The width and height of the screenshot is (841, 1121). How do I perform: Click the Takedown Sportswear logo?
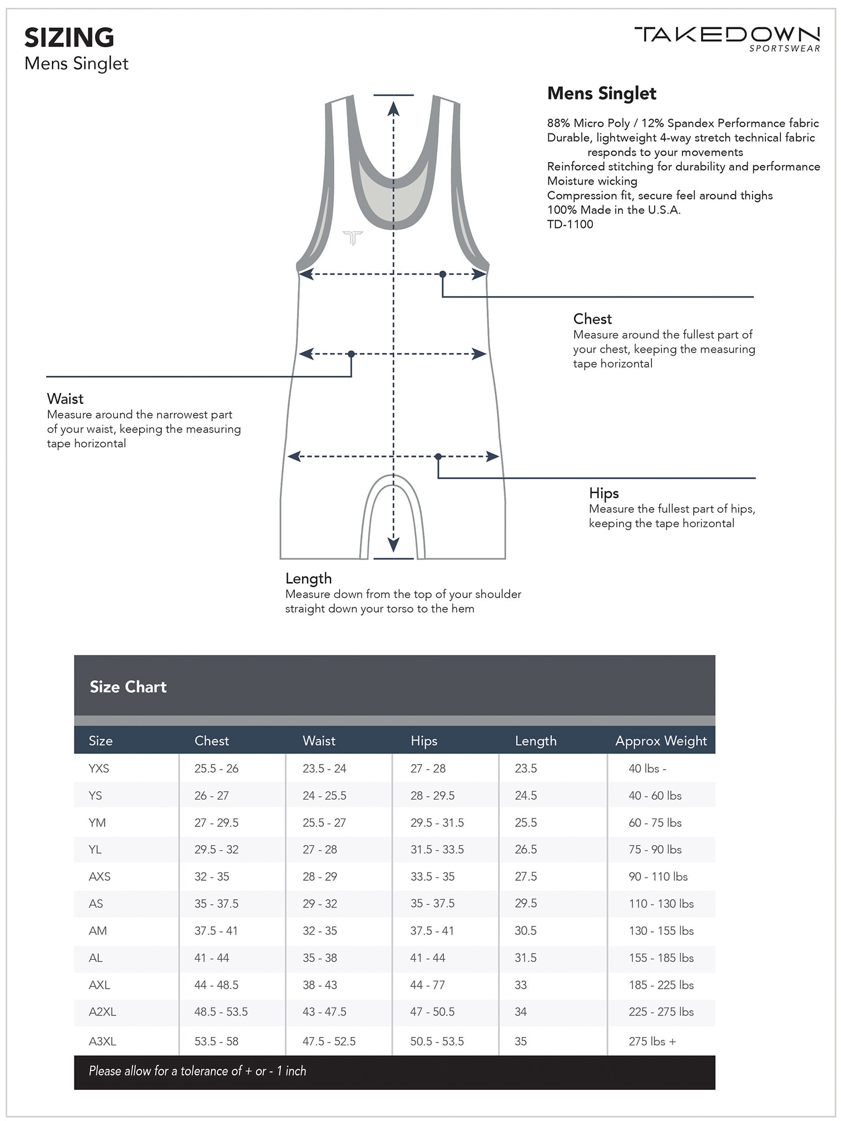tap(727, 38)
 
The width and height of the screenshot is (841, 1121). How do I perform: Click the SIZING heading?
tap(69, 38)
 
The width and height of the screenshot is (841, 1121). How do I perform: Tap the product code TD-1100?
tap(570, 224)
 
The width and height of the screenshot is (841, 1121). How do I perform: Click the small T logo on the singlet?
tap(353, 238)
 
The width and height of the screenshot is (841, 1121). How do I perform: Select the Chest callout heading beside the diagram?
tap(592, 319)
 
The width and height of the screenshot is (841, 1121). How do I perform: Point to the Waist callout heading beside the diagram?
tap(65, 399)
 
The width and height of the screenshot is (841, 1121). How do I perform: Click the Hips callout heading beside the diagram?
tap(603, 493)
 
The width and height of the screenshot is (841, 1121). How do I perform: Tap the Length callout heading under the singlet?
tap(308, 578)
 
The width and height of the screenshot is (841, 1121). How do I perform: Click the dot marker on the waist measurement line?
tap(351, 354)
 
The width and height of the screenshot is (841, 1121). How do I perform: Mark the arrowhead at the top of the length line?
tap(393, 108)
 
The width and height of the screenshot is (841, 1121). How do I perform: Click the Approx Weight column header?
tap(660, 741)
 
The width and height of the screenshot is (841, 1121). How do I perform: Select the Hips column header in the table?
tap(424, 741)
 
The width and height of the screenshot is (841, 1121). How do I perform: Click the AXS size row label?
tap(100, 876)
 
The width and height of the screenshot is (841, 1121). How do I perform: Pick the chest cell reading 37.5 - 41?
tap(216, 930)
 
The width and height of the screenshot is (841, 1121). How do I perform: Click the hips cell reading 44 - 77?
tap(427, 985)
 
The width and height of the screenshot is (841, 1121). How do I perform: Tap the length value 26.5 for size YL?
tap(526, 849)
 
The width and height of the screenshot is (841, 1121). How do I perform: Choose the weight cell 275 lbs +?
tap(652, 1041)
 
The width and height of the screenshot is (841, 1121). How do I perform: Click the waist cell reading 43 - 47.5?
tap(324, 1011)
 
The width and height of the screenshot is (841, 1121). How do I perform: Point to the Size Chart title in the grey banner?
tap(128, 687)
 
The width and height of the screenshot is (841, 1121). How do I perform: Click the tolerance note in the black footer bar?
tap(197, 1070)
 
